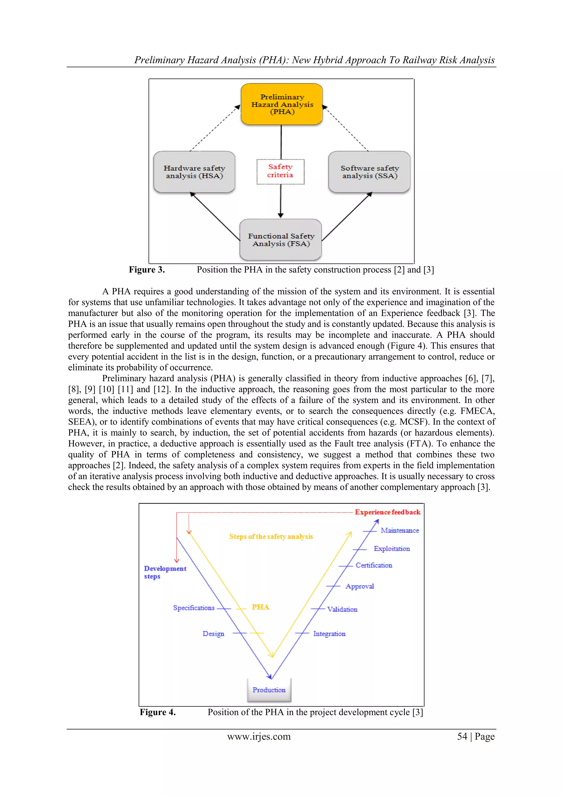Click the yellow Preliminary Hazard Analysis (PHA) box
coord(282,104)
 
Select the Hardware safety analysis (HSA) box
coord(194,172)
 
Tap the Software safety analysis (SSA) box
coord(369,172)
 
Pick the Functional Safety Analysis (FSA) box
coord(281,240)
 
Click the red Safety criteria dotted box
coord(280,171)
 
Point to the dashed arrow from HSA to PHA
coord(214,128)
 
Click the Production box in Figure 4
coord(269,690)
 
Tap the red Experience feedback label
coord(387,512)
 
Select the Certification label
coord(374,565)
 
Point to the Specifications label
coord(194,608)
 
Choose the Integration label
coord(329,634)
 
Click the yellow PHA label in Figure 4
coord(260,607)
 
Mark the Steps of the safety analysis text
coord(271,536)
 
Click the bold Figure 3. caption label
coord(147,270)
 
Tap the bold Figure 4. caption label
coord(158,712)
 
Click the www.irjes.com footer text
coord(259,736)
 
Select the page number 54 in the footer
coord(462,736)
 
